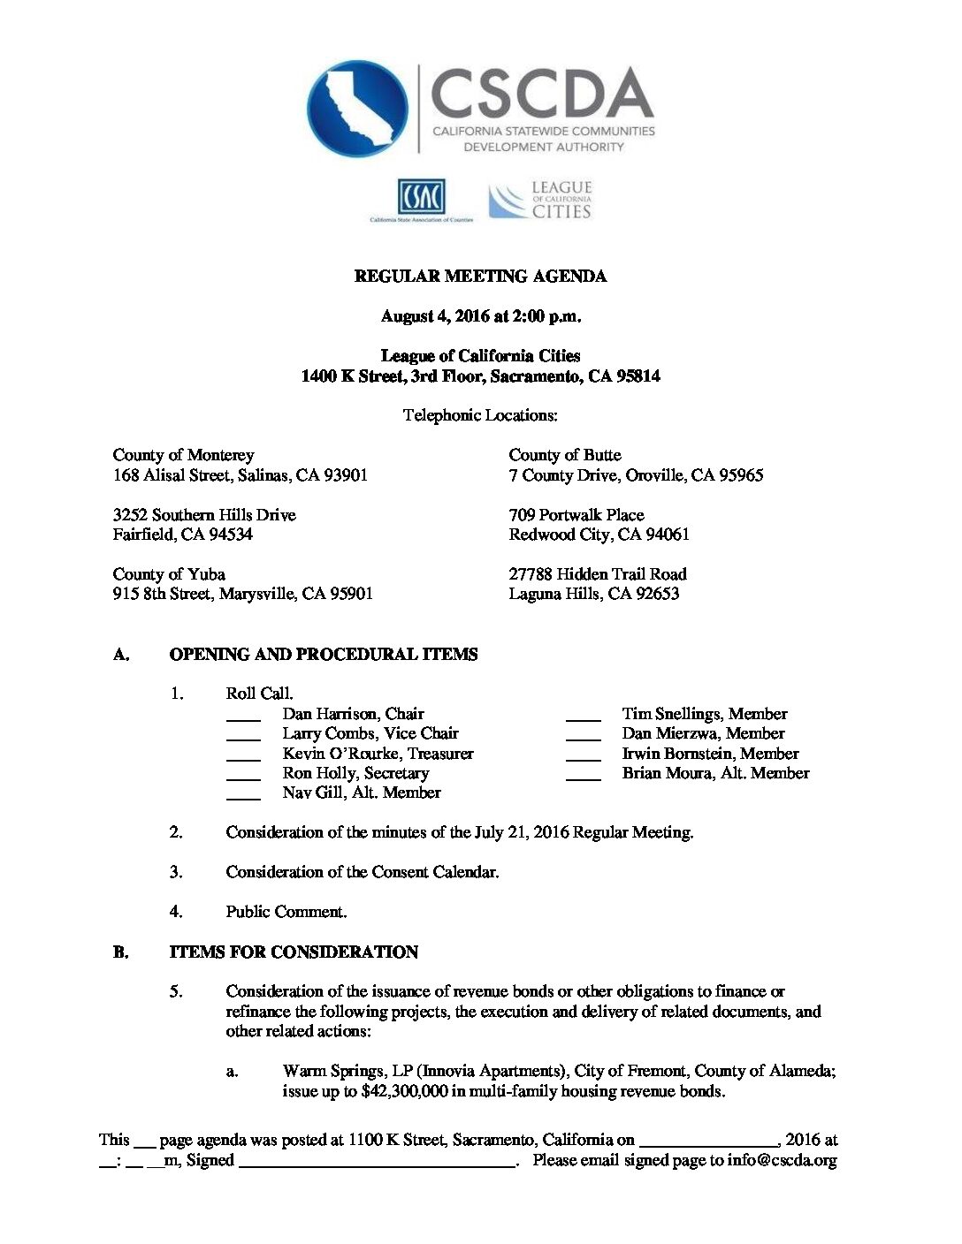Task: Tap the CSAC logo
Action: pyautogui.click(x=421, y=198)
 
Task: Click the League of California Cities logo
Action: pyautogui.click(x=540, y=201)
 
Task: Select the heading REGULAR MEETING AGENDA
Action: pyautogui.click(x=480, y=277)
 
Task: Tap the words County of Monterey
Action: pyautogui.click(x=183, y=455)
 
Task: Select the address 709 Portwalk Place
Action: pyautogui.click(x=576, y=514)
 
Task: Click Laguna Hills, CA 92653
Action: pyautogui.click(x=593, y=594)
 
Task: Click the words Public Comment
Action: pyautogui.click(x=286, y=912)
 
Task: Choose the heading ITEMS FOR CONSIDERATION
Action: pyautogui.click(x=294, y=952)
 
